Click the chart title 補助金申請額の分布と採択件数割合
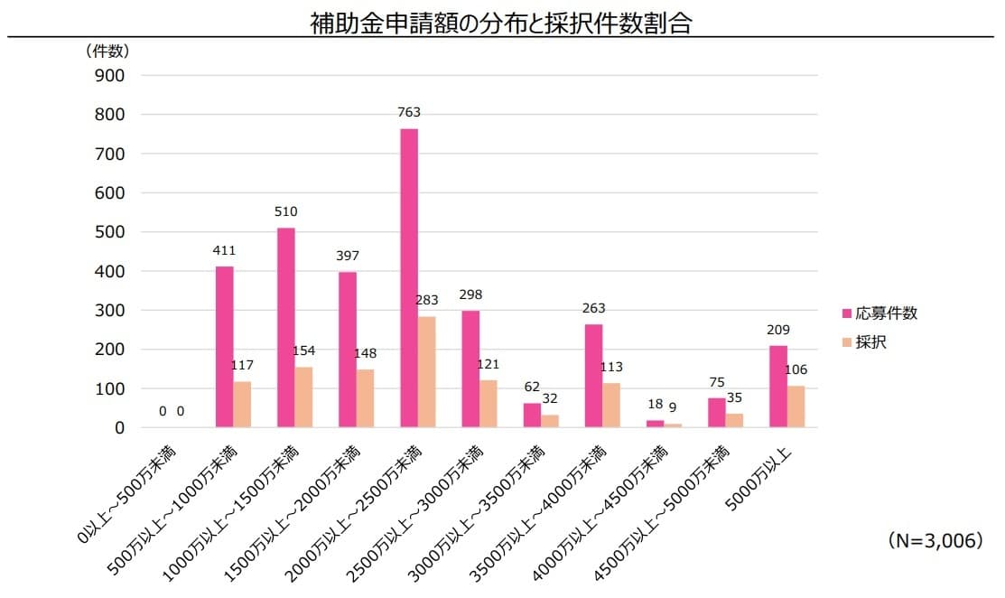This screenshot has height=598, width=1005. pyautogui.click(x=501, y=23)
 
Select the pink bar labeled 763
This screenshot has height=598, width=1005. pyautogui.click(x=409, y=278)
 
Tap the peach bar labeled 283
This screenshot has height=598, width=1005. pyautogui.click(x=427, y=371)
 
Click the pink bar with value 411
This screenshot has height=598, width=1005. pyautogui.click(x=225, y=347)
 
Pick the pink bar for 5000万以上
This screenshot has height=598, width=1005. pyautogui.click(x=777, y=386)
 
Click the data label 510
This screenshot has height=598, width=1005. pyautogui.click(x=285, y=212)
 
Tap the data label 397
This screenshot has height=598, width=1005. pyautogui.click(x=347, y=256)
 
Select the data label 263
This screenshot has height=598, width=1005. pyautogui.click(x=593, y=308)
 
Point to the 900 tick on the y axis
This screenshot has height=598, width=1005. pyautogui.click(x=108, y=76)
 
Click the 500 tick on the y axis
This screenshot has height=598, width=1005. pyautogui.click(x=108, y=232)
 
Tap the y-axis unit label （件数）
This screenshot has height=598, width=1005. pyautogui.click(x=107, y=51)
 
